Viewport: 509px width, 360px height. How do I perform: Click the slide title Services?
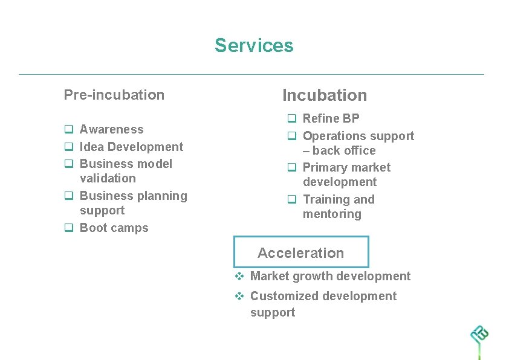(254, 46)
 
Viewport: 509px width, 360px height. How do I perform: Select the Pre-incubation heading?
(114, 95)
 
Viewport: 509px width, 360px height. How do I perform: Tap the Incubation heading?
(325, 95)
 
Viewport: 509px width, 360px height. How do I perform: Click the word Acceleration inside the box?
(300, 253)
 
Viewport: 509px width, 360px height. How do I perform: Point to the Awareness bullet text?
(112, 129)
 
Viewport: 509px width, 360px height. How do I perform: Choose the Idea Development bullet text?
(131, 147)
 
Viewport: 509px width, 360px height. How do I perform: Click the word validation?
(108, 178)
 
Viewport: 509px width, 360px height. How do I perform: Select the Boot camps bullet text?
(114, 228)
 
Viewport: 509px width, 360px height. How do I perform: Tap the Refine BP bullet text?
(331, 118)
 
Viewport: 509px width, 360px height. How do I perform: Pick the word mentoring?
(332, 214)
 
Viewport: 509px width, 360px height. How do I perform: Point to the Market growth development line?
(330, 276)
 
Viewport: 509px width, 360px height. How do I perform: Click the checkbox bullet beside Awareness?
(69, 129)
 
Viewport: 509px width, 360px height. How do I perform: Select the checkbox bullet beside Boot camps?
(69, 228)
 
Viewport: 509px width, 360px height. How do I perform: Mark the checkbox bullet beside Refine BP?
(291, 118)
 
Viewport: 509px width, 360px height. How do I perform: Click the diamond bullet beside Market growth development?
(239, 277)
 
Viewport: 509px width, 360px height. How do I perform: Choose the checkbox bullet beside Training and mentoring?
(291, 199)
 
